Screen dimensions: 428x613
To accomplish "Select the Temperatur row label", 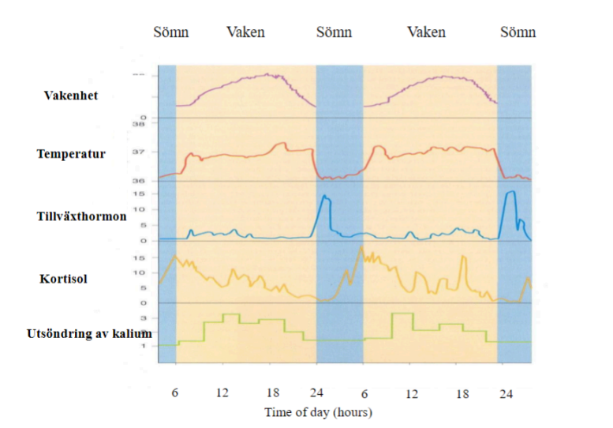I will click(x=71, y=153).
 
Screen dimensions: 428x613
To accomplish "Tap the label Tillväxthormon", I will click(x=81, y=216).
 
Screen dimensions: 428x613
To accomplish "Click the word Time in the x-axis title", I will click(x=277, y=412).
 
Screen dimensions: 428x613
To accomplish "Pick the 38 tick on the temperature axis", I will click(x=139, y=125).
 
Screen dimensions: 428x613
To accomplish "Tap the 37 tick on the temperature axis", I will click(x=139, y=152).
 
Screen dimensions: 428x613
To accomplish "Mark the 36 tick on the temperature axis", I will click(x=139, y=182).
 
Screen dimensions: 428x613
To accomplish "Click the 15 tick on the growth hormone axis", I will click(x=139, y=193).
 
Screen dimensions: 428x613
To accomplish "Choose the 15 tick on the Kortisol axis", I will click(x=139, y=257).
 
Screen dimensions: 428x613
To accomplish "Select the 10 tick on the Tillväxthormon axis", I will click(x=139, y=209).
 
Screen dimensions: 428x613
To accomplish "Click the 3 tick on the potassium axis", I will click(x=143, y=316).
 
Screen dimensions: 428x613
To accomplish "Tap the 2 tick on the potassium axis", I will click(x=143, y=331).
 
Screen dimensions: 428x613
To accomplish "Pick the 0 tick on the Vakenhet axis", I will click(x=142, y=118).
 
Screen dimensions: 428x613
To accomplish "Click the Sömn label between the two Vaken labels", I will click(x=334, y=32).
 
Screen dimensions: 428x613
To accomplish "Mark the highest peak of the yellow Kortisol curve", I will click(x=361, y=247).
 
